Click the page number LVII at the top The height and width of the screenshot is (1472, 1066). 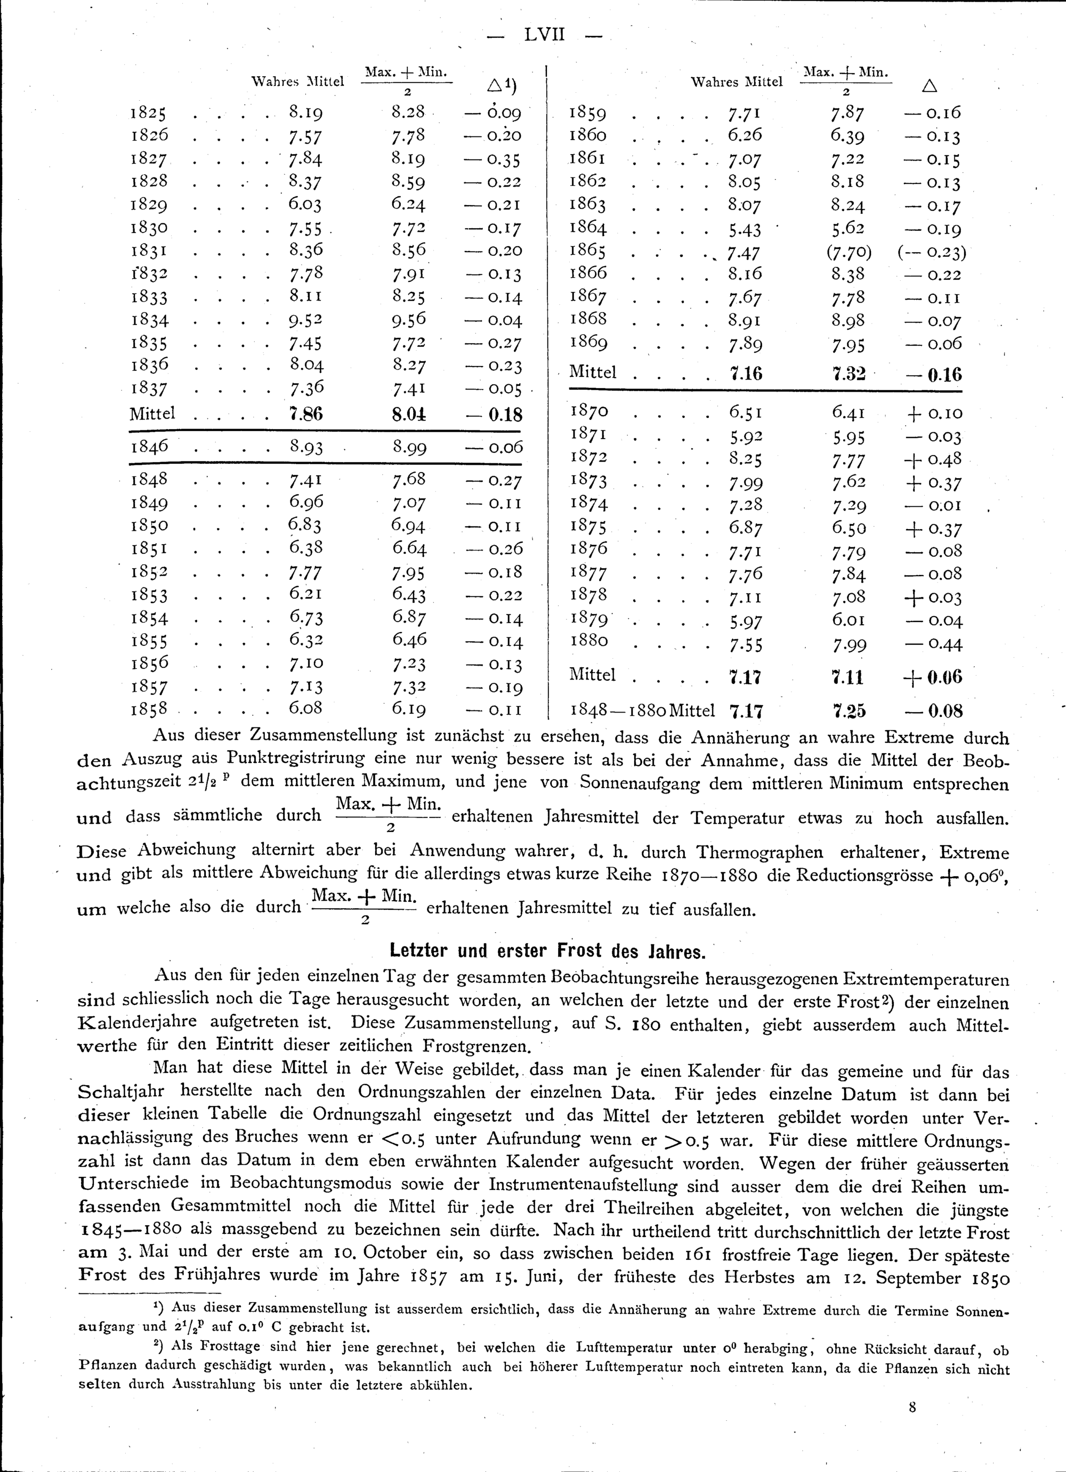(x=545, y=35)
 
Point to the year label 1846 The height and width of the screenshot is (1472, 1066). (x=150, y=447)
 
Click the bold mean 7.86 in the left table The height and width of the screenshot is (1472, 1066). (x=306, y=414)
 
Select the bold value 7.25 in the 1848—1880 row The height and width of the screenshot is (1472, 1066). (x=849, y=711)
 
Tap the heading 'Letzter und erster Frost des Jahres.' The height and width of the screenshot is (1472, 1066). (x=547, y=951)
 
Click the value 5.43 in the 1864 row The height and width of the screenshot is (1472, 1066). (x=745, y=229)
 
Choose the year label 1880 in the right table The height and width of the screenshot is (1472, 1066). (x=589, y=641)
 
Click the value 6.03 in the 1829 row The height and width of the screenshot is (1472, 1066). (x=305, y=205)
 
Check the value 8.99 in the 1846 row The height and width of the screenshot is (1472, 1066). (x=409, y=447)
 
